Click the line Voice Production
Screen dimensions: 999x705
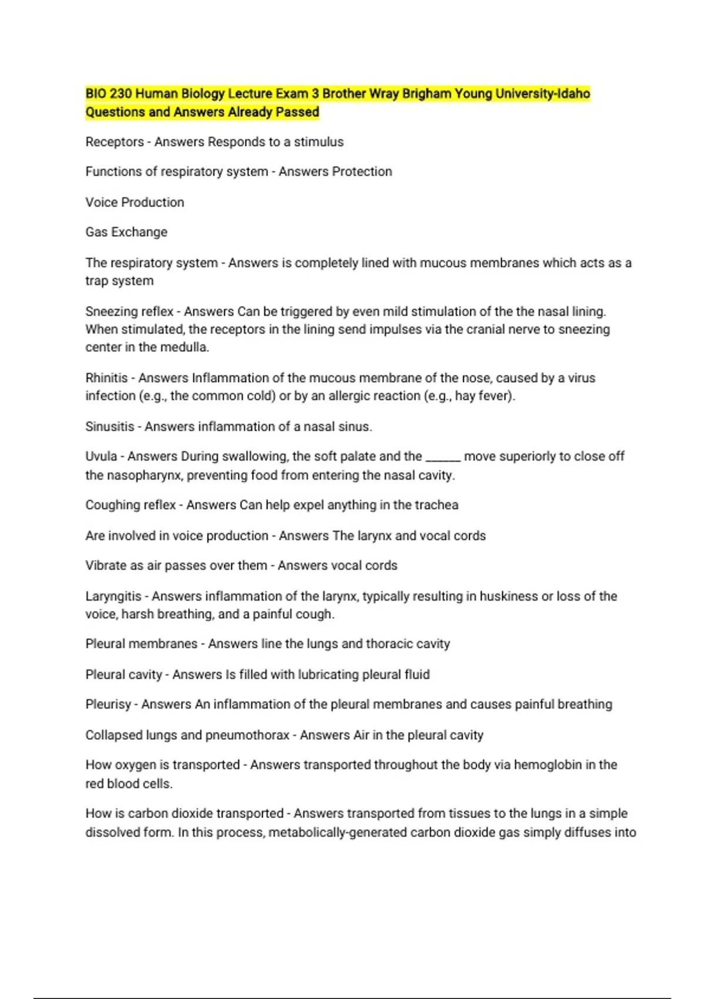pyautogui.click(x=135, y=202)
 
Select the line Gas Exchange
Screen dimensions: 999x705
pyautogui.click(x=126, y=232)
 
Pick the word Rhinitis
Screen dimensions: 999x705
pyautogui.click(x=106, y=378)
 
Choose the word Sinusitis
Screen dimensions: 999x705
pyautogui.click(x=110, y=427)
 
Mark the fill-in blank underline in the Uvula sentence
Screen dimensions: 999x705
pyautogui.click(x=442, y=459)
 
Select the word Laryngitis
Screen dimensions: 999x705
pyautogui.click(x=113, y=596)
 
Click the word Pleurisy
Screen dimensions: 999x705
pyautogui.click(x=108, y=705)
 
